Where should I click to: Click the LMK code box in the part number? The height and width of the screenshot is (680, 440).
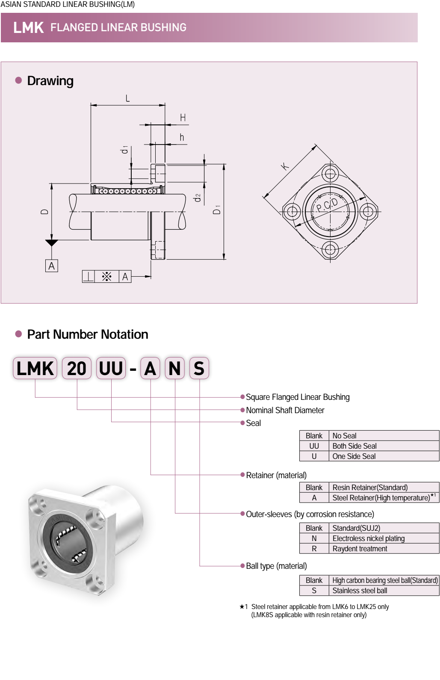pyautogui.click(x=35, y=369)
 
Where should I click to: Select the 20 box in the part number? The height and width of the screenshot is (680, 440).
pyautogui.click(x=77, y=369)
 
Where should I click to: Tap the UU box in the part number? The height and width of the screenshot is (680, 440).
pyautogui.click(x=111, y=369)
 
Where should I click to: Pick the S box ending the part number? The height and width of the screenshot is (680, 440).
pyautogui.click(x=199, y=369)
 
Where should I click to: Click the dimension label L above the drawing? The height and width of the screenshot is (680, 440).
pyautogui.click(x=127, y=98)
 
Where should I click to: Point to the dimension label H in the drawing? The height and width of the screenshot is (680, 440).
pyautogui.click(x=183, y=118)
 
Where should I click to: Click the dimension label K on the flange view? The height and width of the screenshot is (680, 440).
pyautogui.click(x=285, y=166)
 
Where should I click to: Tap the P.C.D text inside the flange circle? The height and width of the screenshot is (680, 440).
pyautogui.click(x=327, y=205)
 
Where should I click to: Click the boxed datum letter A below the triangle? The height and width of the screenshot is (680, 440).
pyautogui.click(x=52, y=266)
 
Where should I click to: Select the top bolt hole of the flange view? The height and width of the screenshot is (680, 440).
pyautogui.click(x=330, y=174)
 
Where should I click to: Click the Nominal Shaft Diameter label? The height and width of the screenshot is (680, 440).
pyautogui.click(x=285, y=410)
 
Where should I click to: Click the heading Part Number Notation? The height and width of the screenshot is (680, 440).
pyautogui.click(x=88, y=334)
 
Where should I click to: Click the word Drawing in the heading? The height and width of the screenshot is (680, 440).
pyautogui.click(x=50, y=81)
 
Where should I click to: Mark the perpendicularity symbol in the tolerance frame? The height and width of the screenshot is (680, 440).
pyautogui.click(x=89, y=277)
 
